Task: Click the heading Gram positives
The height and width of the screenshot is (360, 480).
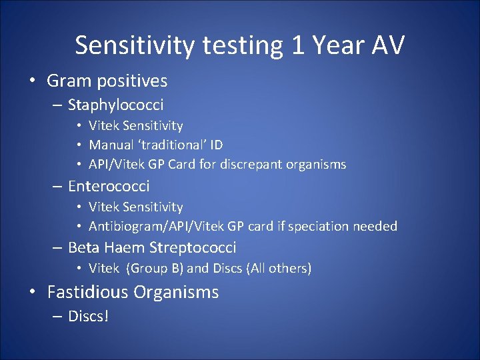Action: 107,81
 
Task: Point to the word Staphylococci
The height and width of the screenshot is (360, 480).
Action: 115,105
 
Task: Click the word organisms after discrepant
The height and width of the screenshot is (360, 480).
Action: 315,164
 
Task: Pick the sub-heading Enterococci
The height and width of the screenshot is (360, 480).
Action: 109,186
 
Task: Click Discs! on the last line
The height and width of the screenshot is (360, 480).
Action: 88,315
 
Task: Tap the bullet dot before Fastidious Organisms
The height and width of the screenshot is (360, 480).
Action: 33,293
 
